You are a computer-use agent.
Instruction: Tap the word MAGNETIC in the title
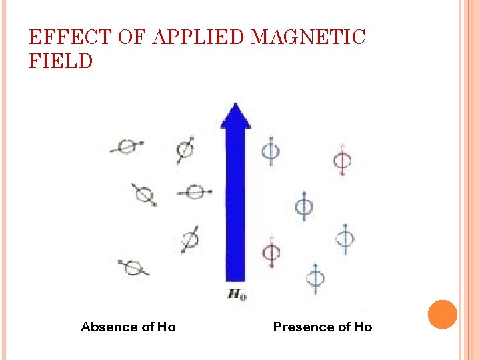click(x=308, y=37)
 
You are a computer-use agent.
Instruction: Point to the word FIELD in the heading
click(x=61, y=62)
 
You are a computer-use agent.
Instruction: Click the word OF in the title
click(x=129, y=37)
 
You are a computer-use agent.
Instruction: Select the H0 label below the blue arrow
click(x=237, y=293)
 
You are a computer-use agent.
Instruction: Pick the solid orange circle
click(x=442, y=315)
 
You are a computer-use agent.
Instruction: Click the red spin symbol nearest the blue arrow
click(x=271, y=253)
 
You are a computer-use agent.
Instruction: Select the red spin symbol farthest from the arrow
click(x=343, y=161)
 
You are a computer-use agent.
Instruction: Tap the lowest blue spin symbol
click(x=315, y=277)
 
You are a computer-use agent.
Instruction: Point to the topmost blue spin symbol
click(x=270, y=151)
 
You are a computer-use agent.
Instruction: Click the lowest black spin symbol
click(x=133, y=267)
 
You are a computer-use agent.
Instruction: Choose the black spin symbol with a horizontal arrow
click(x=194, y=192)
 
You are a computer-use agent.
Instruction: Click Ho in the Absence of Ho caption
click(x=166, y=327)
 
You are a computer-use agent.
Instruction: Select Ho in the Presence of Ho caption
click(x=363, y=327)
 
